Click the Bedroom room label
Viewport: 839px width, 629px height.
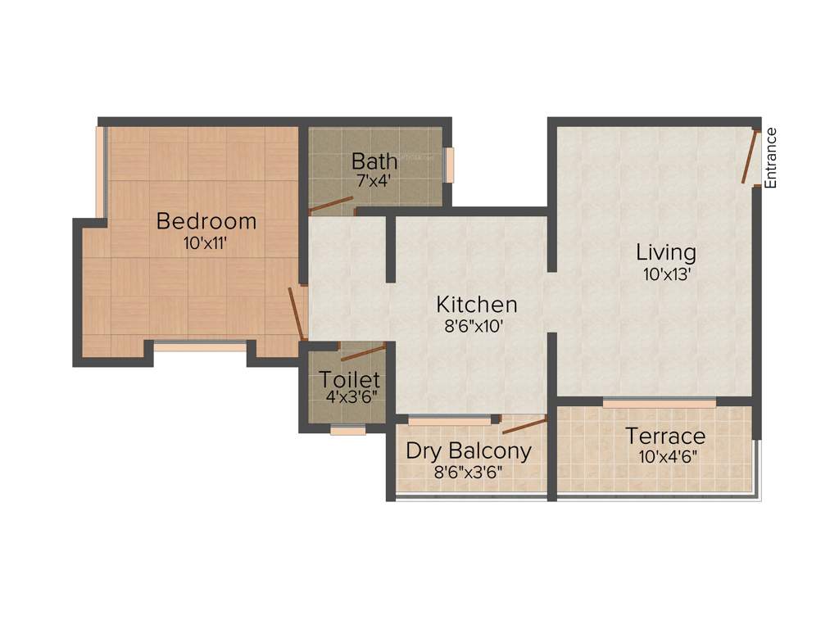pos(206,221)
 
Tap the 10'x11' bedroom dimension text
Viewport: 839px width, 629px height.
pos(206,242)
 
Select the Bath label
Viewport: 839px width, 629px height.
pos(374,160)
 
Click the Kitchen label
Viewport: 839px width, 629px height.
pos(476,305)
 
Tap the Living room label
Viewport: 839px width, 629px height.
pos(667,252)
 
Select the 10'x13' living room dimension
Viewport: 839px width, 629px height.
pos(667,274)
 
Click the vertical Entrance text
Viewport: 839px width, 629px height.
pos(770,158)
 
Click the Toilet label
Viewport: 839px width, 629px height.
pos(350,380)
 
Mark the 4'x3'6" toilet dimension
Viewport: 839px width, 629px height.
pos(350,398)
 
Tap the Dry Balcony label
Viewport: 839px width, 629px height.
pos(469,451)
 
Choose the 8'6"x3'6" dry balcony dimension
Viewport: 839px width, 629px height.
pos(469,472)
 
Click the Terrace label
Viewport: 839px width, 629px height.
pos(665,435)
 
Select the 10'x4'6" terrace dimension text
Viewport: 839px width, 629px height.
pos(665,456)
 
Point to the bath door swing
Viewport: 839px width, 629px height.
pos(331,206)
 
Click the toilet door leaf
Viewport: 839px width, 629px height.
pos(362,353)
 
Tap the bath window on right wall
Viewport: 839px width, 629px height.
pos(448,165)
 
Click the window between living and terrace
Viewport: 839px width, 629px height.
pos(659,403)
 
